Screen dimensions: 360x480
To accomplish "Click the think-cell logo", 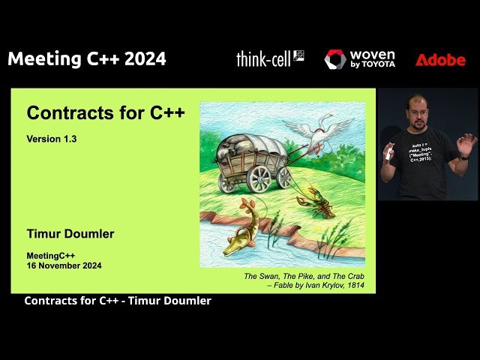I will point(270,59).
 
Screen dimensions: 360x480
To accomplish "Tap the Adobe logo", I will point(440,60).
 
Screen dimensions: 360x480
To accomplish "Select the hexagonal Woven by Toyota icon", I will point(334,59).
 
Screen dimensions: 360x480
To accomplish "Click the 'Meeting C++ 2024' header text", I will point(87,59).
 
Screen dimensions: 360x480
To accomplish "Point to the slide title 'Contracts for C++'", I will point(106,113).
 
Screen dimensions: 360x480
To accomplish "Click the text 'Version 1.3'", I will point(52,139).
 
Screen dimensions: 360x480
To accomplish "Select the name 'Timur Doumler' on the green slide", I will point(70,234).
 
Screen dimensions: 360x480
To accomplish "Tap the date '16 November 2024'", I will point(64,265).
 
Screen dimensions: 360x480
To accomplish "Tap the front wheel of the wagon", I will point(259,178).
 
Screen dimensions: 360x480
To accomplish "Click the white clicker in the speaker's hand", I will point(388,154).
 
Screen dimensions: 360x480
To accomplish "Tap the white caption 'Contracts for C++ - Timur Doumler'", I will point(118,301).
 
